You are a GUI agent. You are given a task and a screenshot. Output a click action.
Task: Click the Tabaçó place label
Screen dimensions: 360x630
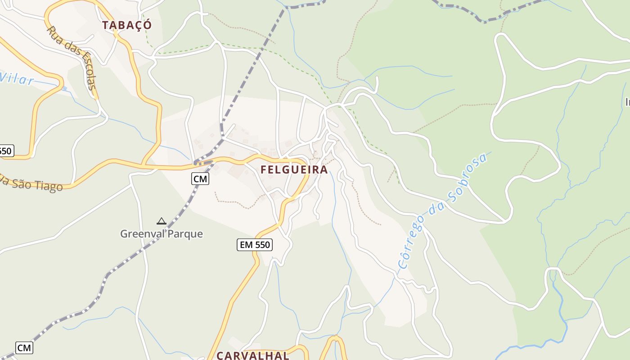(x=126, y=25)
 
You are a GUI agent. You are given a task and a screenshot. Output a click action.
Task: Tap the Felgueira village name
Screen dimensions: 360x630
(x=294, y=170)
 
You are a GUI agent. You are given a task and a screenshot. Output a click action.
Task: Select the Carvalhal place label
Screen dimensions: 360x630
(x=252, y=355)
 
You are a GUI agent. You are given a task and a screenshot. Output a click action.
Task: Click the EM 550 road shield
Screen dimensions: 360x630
(x=255, y=245)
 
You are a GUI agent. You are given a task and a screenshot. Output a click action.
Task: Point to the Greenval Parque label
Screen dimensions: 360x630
(x=161, y=234)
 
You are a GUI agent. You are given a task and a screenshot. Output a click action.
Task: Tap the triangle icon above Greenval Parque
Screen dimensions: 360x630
(x=162, y=221)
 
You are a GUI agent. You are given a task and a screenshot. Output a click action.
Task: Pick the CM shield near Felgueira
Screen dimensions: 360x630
(x=200, y=179)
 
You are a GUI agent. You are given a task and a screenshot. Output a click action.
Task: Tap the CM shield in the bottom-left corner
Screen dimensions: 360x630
(x=24, y=347)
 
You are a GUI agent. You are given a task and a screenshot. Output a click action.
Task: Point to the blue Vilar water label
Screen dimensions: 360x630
(x=17, y=79)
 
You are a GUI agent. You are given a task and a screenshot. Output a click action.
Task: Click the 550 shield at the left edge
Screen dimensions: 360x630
(x=5, y=151)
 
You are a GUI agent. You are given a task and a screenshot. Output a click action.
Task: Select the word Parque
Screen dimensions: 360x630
(x=185, y=234)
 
